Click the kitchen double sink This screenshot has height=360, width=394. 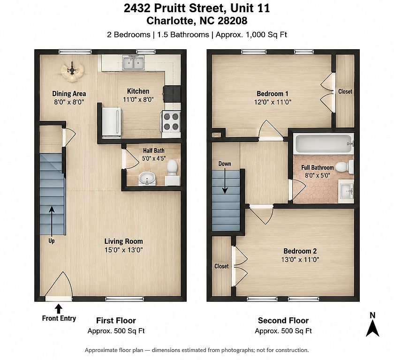tap(134, 62)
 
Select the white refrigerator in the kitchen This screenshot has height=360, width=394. tap(112, 122)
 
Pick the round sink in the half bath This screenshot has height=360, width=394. tap(147, 179)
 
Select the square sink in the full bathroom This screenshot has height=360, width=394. tap(346, 191)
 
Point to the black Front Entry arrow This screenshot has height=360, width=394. tap(59, 309)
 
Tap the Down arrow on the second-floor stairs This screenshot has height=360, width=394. tap(225, 181)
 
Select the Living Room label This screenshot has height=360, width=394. tap(124, 241)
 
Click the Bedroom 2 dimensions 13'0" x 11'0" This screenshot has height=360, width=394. tap(300, 260)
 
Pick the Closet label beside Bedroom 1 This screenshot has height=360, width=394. tap(345, 91)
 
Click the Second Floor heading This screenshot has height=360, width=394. tap(283, 321)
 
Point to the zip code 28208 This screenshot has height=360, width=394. tap(233, 21)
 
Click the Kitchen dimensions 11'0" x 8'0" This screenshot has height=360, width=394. tap(138, 100)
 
